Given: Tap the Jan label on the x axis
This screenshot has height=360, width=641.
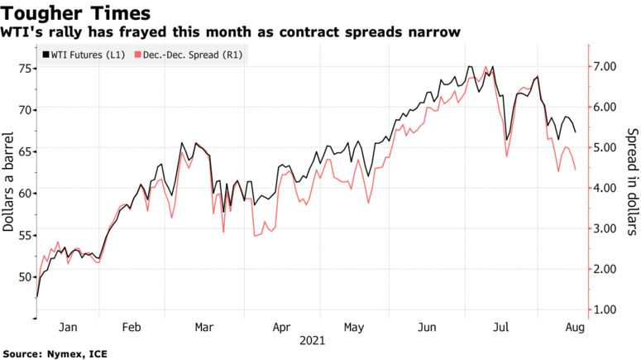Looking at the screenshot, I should point(70,327).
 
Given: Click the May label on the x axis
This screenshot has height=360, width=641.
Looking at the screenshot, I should point(353,327).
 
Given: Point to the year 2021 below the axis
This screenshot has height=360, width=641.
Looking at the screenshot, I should point(312,340).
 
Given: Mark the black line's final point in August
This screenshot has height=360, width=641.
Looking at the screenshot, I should point(575,132).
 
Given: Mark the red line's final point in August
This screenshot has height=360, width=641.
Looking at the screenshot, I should point(575,169).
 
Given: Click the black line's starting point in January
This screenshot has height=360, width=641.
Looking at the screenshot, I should point(37,296).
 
